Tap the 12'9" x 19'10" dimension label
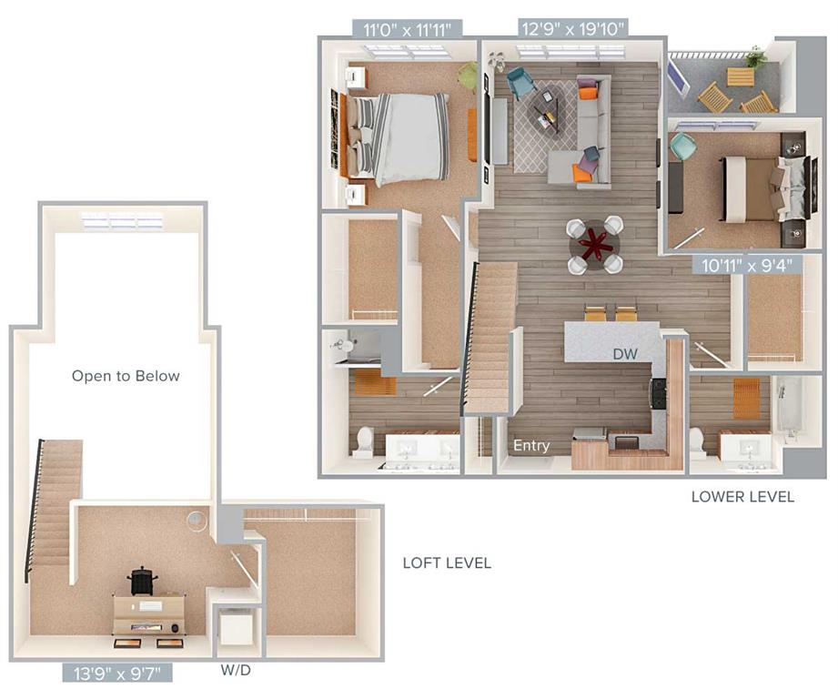572,29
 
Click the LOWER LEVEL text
742,497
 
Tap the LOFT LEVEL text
447,563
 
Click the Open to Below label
126,376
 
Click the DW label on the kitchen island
624,353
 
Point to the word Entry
531,446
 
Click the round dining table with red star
596,244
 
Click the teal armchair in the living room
520,83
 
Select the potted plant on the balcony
753,57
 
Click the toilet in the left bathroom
363,441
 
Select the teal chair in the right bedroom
682,146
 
